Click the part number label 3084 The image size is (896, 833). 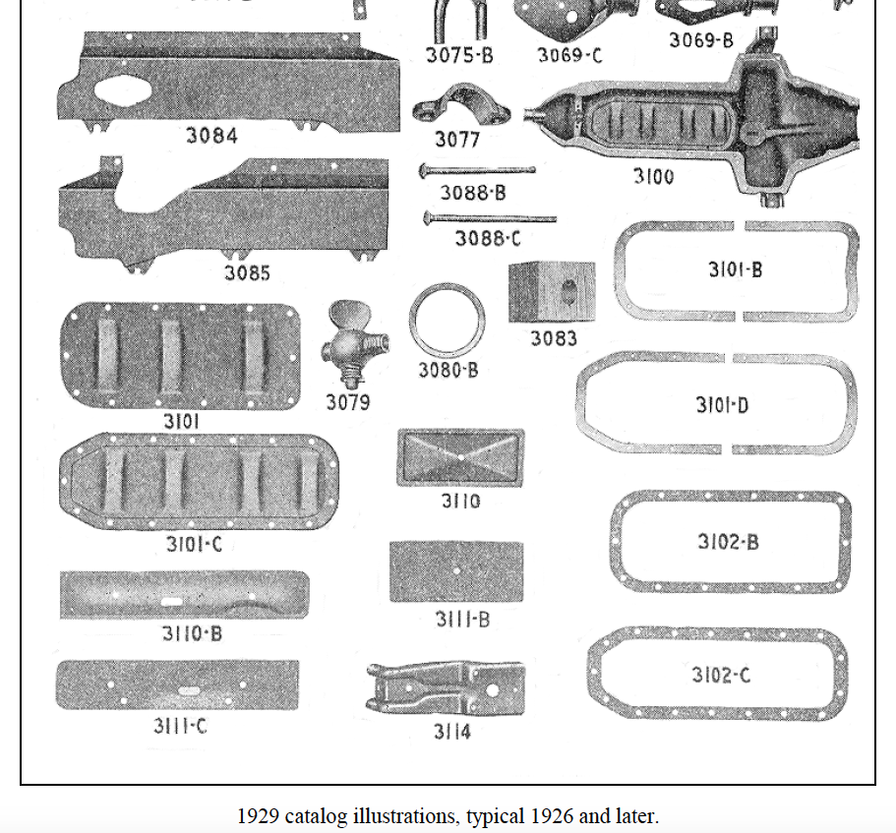tap(211, 136)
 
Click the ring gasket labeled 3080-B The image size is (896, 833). tap(448, 321)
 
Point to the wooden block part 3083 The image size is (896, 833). tap(553, 291)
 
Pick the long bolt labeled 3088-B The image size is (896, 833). tap(478, 170)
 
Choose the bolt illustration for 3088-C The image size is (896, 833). tap(489, 217)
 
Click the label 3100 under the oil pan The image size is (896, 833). tap(653, 177)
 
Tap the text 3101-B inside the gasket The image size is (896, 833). tap(735, 268)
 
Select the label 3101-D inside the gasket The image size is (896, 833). tap(722, 405)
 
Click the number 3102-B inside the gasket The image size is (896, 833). tap(728, 542)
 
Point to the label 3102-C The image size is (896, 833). tap(720, 675)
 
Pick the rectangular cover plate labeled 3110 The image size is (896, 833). tap(460, 457)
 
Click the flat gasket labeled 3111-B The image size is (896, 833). tap(456, 571)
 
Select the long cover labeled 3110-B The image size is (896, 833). tap(184, 595)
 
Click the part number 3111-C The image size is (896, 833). tap(178, 727)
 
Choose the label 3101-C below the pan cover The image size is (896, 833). tap(194, 544)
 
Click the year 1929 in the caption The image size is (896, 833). tap(256, 815)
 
